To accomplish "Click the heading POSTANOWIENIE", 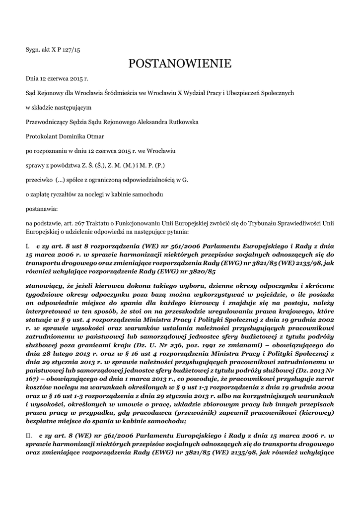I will [180, 63].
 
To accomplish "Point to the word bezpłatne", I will [44, 421].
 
